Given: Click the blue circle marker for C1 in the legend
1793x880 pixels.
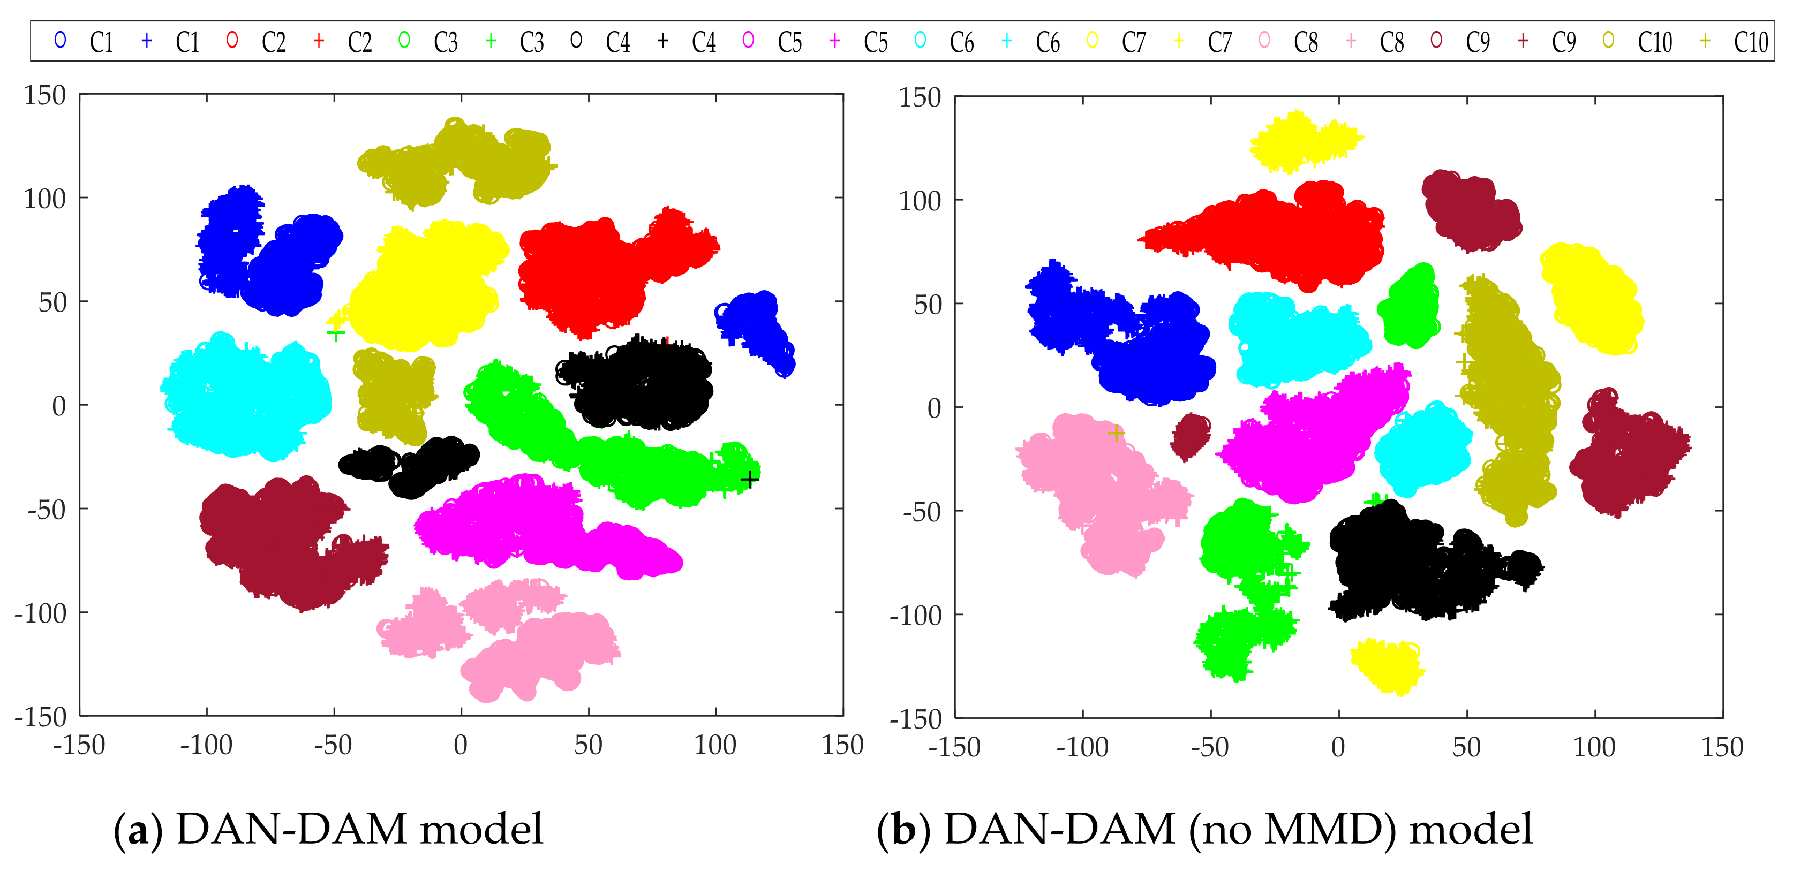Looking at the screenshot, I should click(x=61, y=40).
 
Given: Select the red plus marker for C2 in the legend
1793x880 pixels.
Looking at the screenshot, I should click(x=319, y=40).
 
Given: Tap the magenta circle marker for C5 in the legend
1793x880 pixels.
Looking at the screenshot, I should click(x=748, y=40).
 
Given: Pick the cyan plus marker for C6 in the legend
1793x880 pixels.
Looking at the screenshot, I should click(x=1006, y=40).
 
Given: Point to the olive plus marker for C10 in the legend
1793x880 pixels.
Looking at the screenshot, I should click(x=1705, y=40).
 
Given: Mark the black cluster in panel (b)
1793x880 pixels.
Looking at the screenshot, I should click(x=1406, y=564).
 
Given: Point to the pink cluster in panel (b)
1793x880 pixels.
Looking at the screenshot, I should click(x=1093, y=487).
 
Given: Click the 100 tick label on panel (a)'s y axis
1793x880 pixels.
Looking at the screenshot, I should click(x=44, y=199).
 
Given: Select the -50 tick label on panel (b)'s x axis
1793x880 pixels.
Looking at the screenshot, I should click(x=1209, y=748).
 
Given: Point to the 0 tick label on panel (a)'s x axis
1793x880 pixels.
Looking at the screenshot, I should click(x=461, y=746).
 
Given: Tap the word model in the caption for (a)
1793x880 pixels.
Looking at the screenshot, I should click(x=481, y=829).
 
